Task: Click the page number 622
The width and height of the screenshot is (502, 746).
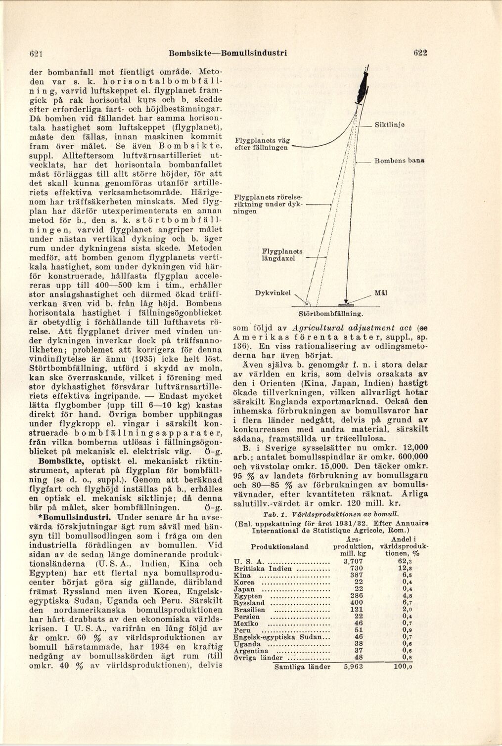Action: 420,53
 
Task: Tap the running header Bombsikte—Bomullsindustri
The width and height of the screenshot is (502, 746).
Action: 228,53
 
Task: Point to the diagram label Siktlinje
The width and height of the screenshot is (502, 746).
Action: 390,125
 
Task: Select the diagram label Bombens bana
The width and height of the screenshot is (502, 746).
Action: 400,161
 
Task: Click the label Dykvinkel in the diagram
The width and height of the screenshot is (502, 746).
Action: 273,293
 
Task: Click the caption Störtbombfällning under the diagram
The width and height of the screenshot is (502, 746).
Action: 331,314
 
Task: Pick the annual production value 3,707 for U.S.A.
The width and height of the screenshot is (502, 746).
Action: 353,562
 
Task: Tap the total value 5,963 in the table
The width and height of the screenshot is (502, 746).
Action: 353,666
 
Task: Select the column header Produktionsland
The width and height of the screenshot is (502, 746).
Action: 279,546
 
